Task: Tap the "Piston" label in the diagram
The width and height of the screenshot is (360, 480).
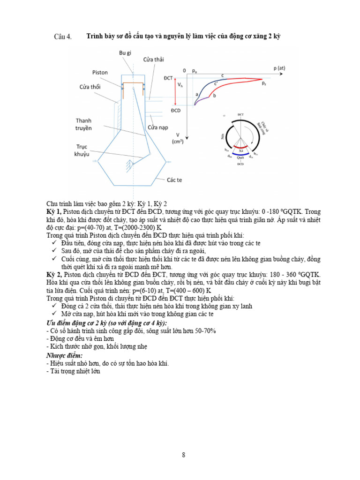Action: pyautogui.click(x=100, y=73)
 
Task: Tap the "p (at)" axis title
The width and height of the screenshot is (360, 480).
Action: pyautogui.click(x=279, y=68)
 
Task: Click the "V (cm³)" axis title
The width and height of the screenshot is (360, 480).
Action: pyautogui.click(x=177, y=138)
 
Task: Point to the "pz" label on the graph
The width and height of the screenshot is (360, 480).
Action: pyautogui.click(x=264, y=83)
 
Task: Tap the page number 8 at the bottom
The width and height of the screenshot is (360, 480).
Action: pyautogui.click(x=184, y=455)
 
